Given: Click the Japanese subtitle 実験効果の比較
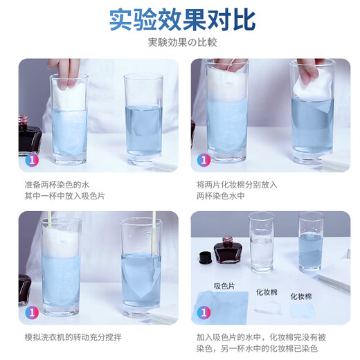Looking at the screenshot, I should pyautogui.click(x=180, y=42).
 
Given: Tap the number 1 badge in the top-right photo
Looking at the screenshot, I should pyautogui.click(x=204, y=159).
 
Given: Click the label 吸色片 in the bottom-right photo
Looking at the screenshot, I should pyautogui.click(x=224, y=285).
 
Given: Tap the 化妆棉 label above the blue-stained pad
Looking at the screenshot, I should pyautogui.click(x=301, y=296).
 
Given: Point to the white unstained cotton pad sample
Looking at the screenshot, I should pyautogui.click(x=267, y=308).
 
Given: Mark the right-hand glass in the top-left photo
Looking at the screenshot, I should pyautogui.click(x=143, y=118).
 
